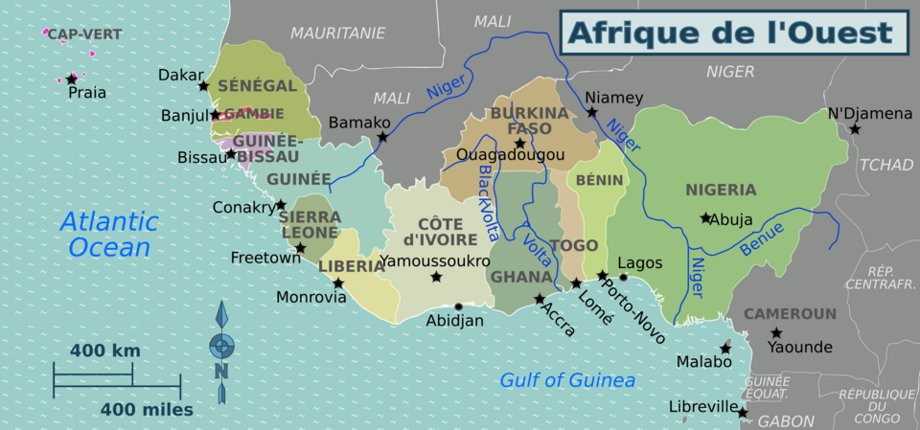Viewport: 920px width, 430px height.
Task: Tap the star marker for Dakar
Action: pos(203,86)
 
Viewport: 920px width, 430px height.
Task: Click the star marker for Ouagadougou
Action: pos(519,144)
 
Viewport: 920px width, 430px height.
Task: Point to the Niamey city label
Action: pos(613,98)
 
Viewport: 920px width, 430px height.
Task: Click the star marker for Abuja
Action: pos(705,218)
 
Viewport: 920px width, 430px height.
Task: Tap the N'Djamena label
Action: pos(870,114)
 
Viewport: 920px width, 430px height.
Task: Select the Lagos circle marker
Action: pos(623,278)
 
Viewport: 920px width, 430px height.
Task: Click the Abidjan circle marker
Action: pos(458,306)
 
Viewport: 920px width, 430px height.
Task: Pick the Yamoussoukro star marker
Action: pos(436,277)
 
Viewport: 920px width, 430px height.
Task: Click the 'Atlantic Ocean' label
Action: pos(109,235)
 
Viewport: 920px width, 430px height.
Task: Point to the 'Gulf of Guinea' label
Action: pos(567,380)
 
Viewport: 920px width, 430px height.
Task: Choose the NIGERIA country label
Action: pos(721,190)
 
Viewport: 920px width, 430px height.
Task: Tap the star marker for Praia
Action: pos(71,79)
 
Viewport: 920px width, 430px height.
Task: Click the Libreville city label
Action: pos(701,407)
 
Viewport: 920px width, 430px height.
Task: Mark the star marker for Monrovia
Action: pos(338,283)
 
